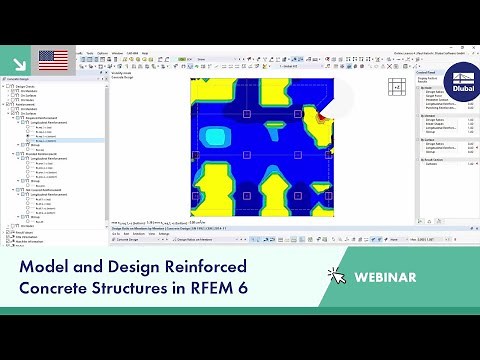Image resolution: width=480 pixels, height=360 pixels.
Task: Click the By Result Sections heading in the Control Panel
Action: tap(433, 158)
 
